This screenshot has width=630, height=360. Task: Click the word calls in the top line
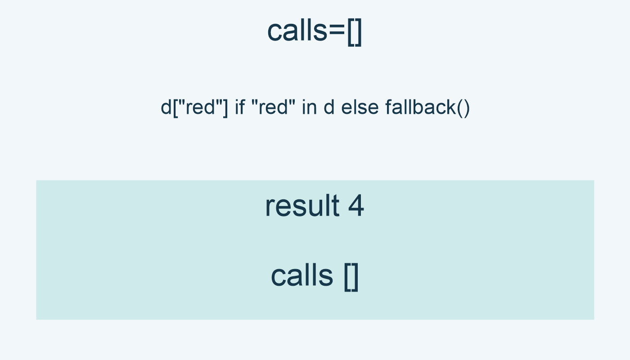pyautogui.click(x=297, y=31)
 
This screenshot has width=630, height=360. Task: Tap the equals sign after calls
pyautogui.click(x=337, y=31)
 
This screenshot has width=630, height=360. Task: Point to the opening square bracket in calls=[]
pyautogui.click(x=351, y=32)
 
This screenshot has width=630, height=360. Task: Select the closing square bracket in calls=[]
pyautogui.click(x=358, y=32)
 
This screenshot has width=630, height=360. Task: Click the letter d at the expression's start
pyautogui.click(x=166, y=107)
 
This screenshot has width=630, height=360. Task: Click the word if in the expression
pyautogui.click(x=239, y=107)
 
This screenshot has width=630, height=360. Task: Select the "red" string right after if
pyautogui.click(x=273, y=107)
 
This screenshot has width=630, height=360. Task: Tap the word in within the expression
pyautogui.click(x=310, y=107)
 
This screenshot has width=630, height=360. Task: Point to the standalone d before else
pyautogui.click(x=329, y=107)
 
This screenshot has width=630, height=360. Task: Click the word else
pyautogui.click(x=360, y=107)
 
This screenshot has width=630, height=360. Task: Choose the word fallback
pyautogui.click(x=421, y=107)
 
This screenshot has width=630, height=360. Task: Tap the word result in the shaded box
pyautogui.click(x=302, y=206)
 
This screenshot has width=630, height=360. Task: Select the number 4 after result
pyautogui.click(x=356, y=206)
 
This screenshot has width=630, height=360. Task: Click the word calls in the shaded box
pyautogui.click(x=302, y=275)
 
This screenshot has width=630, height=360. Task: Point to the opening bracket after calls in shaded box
pyautogui.click(x=348, y=277)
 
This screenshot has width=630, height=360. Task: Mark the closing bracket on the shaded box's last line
pyautogui.click(x=355, y=277)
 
